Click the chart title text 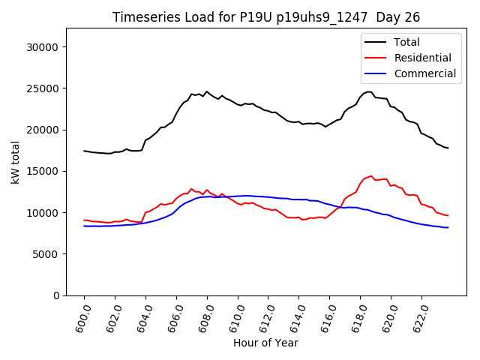(x=266, y=17)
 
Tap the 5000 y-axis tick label (x=47, y=254)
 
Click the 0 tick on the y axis (x=56, y=295)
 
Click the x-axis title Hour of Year (x=265, y=343)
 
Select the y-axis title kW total (x=15, y=162)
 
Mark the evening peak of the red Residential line (x=370, y=176)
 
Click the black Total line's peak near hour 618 (x=369, y=91)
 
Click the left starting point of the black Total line (x=84, y=151)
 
